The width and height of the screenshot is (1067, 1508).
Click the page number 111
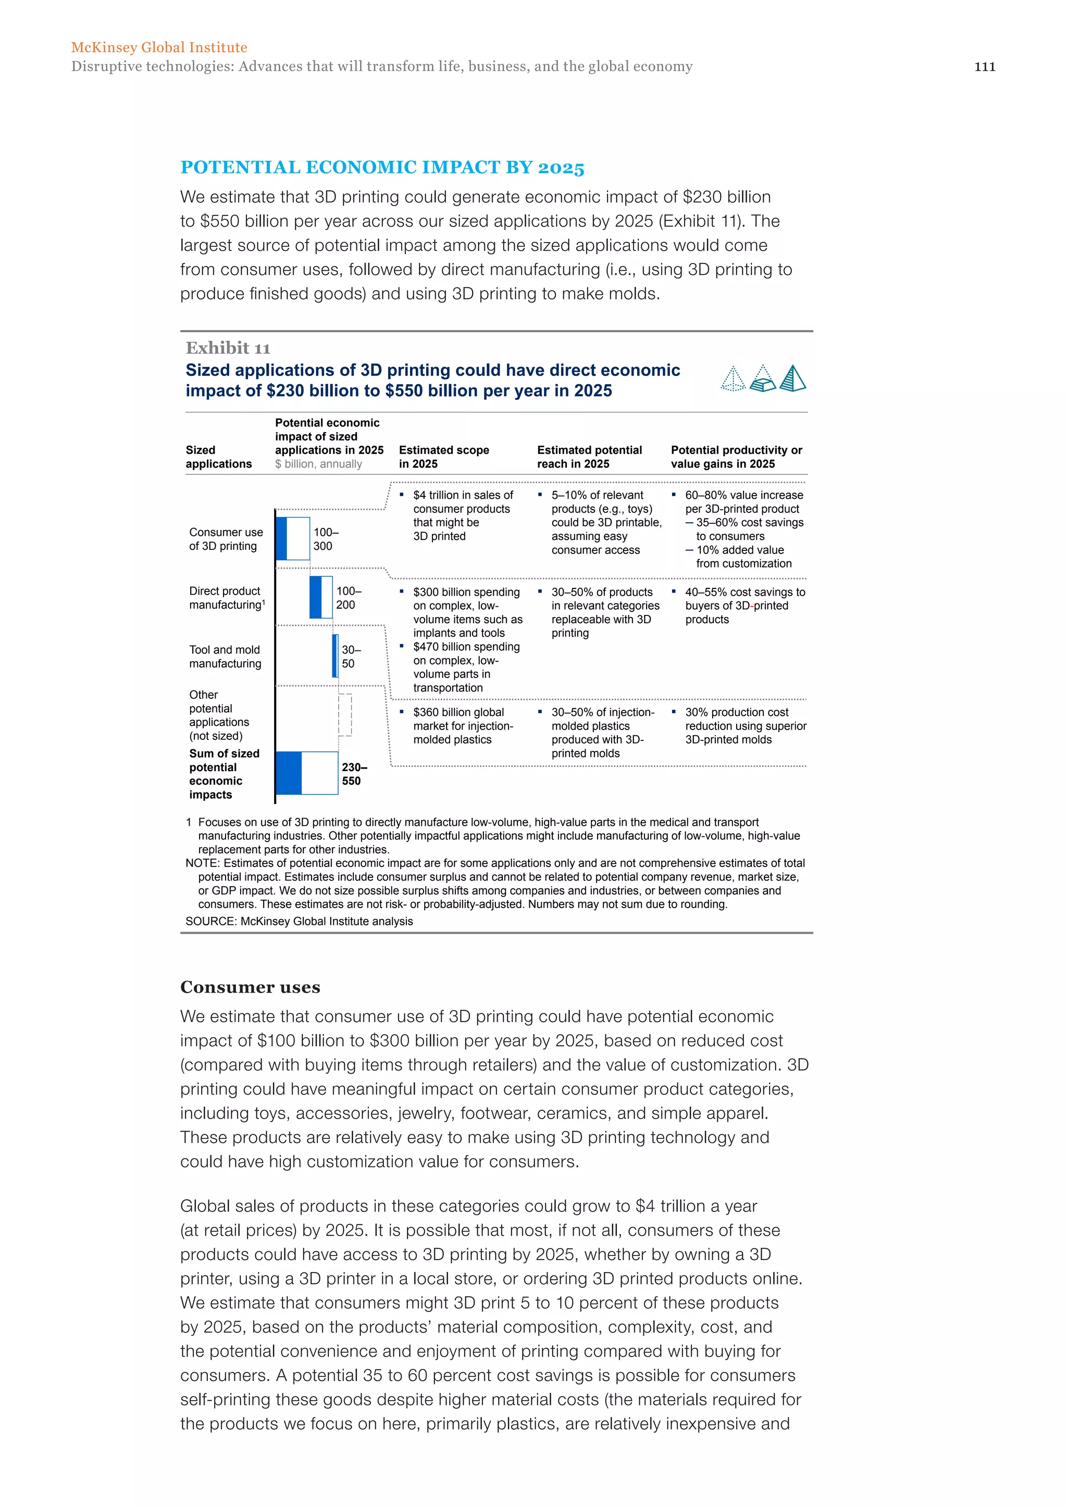click(984, 66)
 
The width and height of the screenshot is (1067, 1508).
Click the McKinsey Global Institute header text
click(159, 47)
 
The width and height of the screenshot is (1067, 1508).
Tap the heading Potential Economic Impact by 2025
click(382, 168)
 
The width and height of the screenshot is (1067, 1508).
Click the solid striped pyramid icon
click(792, 379)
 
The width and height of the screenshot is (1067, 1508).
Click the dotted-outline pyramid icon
click(733, 379)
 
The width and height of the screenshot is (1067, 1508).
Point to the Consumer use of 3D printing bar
click(293, 538)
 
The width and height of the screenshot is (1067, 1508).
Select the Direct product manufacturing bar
click(320, 597)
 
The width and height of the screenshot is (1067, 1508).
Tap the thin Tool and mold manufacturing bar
click(335, 656)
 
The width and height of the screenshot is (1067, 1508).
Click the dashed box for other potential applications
click(345, 714)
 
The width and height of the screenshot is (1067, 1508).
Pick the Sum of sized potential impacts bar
click(307, 773)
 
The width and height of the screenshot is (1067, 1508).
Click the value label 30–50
click(350, 656)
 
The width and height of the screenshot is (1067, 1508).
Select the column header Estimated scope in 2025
click(443, 457)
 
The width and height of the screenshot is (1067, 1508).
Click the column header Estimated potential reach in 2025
click(589, 457)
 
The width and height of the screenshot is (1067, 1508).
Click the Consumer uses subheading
click(250, 987)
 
